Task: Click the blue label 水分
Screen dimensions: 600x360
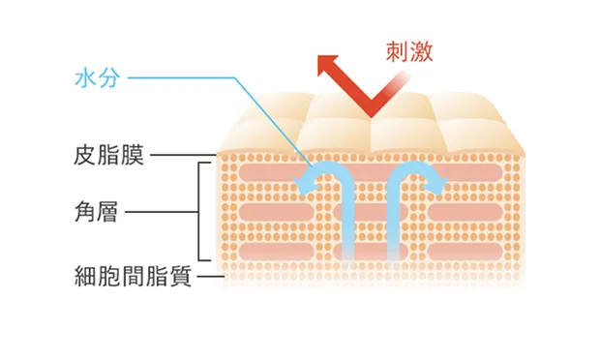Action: pyautogui.click(x=98, y=78)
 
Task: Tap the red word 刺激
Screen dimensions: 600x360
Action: pyautogui.click(x=409, y=52)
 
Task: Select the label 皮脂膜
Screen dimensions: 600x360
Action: pyautogui.click(x=108, y=155)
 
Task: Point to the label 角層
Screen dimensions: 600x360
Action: pyautogui.click(x=96, y=212)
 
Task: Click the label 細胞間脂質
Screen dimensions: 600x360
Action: pyautogui.click(x=133, y=276)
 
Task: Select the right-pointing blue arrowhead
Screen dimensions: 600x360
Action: pyautogui.click(x=435, y=186)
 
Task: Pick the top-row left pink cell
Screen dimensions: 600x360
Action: pyautogui.click(x=268, y=173)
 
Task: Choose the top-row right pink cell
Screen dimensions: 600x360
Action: pyautogui.click(x=466, y=173)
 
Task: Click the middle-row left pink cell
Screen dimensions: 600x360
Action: pyautogui.click(x=276, y=212)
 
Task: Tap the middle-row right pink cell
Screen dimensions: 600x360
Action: pyautogui.click(x=465, y=212)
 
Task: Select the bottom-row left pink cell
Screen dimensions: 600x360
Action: pyautogui.click(x=276, y=252)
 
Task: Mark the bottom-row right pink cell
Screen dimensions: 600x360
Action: pyautogui.click(x=465, y=252)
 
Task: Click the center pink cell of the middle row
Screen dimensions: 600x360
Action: pyautogui.click(x=371, y=212)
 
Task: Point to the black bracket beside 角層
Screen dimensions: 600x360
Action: pyautogui.click(x=199, y=212)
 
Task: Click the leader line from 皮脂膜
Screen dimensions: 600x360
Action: pyautogui.click(x=184, y=155)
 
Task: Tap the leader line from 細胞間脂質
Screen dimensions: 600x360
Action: pyautogui.click(x=210, y=276)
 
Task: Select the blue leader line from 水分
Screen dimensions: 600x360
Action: pyautogui.click(x=234, y=78)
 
